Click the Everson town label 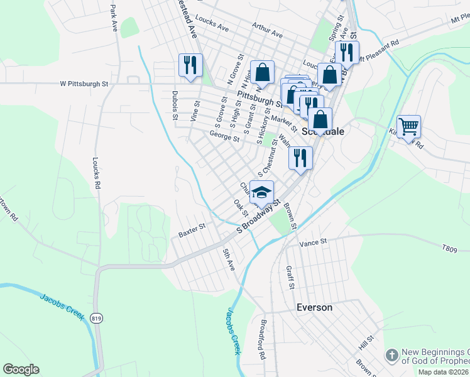[x=314, y=308]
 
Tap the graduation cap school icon [x=262, y=192]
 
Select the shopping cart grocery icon [x=408, y=126]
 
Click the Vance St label [x=314, y=242]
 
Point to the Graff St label [x=290, y=276]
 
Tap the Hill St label [x=367, y=342]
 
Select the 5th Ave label [x=229, y=260]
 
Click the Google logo [x=21, y=369]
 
